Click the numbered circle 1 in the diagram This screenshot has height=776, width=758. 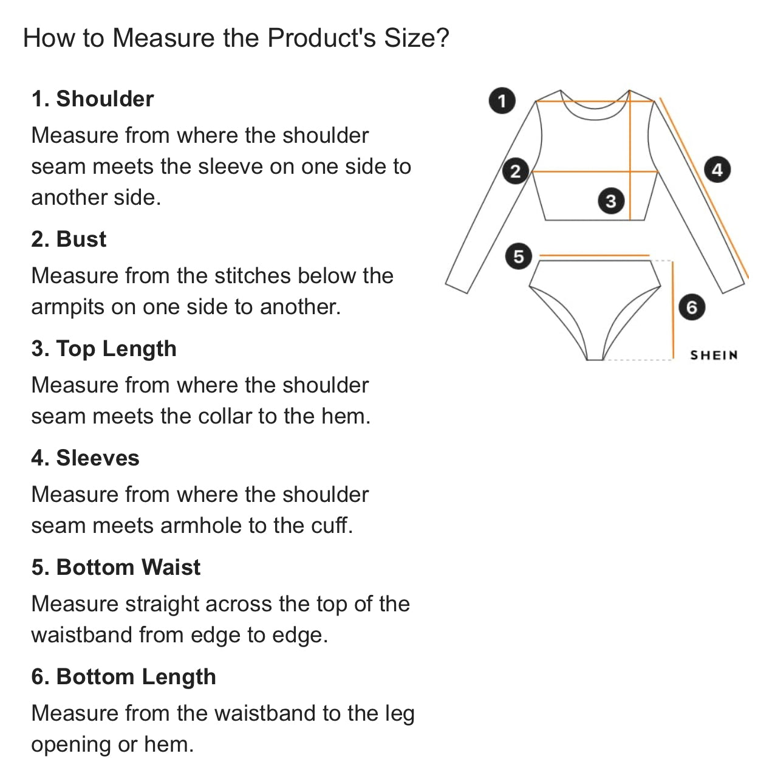502,100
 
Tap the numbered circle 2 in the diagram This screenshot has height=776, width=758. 515,171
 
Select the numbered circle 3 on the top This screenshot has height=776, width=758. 610,201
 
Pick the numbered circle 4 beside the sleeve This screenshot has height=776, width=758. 717,170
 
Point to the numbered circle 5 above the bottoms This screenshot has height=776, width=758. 519,256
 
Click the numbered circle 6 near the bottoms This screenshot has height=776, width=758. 692,307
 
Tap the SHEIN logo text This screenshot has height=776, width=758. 714,355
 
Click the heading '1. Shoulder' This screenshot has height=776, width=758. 92,98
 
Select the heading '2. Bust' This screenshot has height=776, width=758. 69,239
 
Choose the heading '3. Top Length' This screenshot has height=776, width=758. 104,349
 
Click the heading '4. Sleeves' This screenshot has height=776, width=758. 85,458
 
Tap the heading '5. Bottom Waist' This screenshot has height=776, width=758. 116,567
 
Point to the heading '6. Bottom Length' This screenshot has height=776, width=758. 123,677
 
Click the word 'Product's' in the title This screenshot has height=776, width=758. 321,38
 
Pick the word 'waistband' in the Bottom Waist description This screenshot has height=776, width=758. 82,634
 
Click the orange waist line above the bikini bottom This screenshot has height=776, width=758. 594,255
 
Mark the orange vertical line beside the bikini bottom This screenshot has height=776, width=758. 673,310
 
